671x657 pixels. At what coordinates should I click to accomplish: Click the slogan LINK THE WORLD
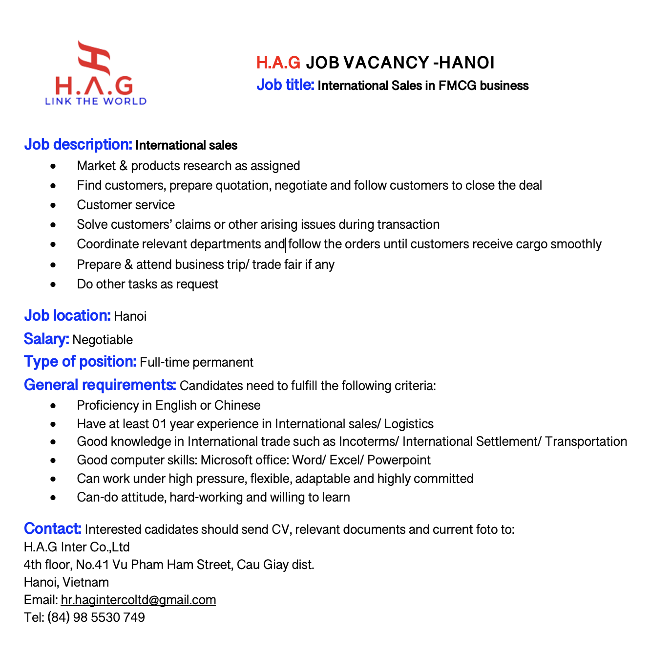96,101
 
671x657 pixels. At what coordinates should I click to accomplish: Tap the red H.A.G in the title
278,63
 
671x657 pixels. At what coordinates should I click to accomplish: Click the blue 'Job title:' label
285,85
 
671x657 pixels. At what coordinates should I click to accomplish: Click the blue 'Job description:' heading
78,145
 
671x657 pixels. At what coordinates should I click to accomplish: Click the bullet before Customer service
53,205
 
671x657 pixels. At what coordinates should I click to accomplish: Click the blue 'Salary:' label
46,339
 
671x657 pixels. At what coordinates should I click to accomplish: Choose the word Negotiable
103,340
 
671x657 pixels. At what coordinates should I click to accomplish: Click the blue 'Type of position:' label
80,362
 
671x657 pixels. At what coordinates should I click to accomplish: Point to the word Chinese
237,405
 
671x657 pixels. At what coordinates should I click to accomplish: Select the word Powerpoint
399,460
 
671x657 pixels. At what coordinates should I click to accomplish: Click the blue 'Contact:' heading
52,529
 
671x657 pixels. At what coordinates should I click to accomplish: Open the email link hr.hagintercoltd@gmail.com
138,600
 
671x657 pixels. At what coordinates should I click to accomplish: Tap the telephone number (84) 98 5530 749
96,617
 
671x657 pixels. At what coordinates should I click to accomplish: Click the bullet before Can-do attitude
53,498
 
